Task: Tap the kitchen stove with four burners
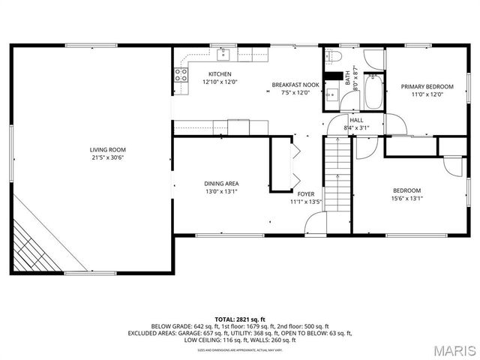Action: (x=181, y=74)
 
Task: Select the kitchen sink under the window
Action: (x=223, y=53)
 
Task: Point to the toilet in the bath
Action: (x=334, y=57)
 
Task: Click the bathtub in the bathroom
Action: (x=373, y=92)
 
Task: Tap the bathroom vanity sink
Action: (x=331, y=94)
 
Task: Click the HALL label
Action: (x=356, y=120)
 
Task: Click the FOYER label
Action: (x=306, y=193)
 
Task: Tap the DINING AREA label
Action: (x=222, y=183)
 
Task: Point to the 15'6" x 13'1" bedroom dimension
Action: (x=407, y=198)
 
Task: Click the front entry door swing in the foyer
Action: (x=316, y=223)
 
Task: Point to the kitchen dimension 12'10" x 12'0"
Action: (x=220, y=82)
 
